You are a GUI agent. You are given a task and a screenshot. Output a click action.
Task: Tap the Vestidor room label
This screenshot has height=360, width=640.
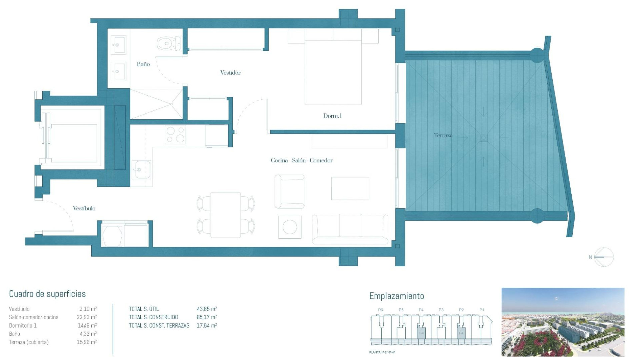230,73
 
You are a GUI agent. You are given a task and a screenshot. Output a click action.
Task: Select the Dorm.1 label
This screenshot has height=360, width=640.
332,116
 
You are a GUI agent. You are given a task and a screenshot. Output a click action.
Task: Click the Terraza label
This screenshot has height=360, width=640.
443,135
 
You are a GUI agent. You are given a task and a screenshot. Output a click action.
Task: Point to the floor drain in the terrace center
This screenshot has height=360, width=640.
483,137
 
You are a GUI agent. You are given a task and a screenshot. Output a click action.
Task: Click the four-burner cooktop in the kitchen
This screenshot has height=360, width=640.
175,135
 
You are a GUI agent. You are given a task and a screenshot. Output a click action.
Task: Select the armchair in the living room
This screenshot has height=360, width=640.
290,192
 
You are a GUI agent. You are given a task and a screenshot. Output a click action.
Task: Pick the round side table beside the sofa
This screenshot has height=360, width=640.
290,227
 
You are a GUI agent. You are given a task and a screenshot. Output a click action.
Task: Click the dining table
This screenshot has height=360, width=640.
226,215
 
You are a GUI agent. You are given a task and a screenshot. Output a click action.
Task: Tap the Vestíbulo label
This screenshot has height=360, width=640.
84,208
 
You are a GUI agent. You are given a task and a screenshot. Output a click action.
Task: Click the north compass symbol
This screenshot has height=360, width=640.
603,257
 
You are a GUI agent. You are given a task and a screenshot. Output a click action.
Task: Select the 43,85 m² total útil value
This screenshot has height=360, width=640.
207,309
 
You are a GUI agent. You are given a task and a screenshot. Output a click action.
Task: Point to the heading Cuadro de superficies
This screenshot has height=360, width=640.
47,294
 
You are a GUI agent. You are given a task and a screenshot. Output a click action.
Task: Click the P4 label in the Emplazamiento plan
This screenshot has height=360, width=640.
421,310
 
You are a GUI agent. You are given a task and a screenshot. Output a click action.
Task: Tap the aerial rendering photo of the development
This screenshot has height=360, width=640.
563,322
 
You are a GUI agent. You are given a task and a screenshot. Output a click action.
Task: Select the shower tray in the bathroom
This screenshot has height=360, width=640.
156,104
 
